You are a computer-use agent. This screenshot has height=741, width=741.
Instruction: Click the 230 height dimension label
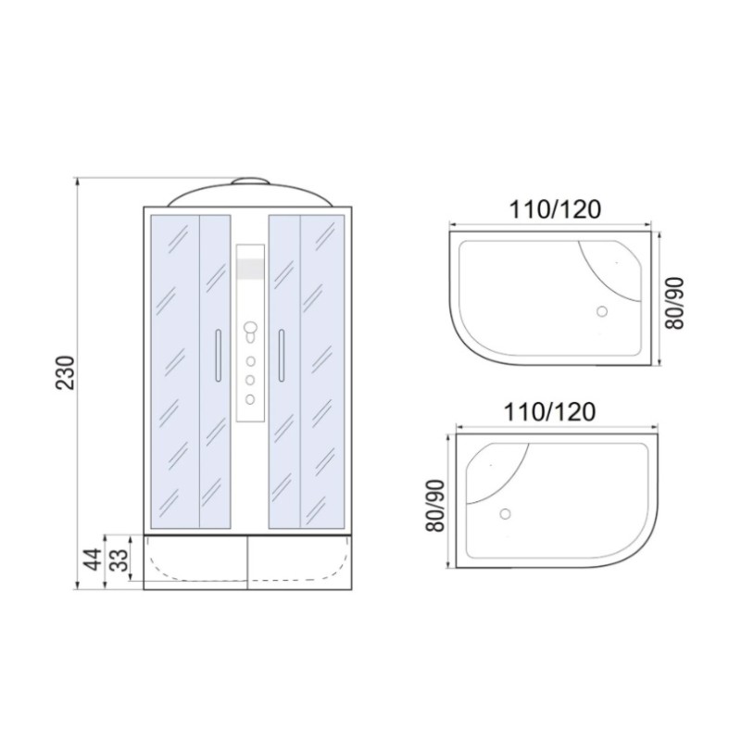(65, 372)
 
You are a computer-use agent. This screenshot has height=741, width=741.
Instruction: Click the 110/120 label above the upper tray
(554, 209)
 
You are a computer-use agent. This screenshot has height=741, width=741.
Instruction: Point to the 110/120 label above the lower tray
(549, 412)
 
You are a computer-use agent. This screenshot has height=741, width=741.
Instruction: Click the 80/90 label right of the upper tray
(674, 303)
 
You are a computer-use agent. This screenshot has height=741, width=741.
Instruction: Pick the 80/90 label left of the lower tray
(435, 506)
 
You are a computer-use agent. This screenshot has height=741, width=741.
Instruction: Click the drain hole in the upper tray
(601, 311)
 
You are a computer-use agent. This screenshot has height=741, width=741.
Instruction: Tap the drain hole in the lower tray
(505, 514)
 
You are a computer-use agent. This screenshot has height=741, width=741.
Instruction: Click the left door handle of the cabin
(218, 355)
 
